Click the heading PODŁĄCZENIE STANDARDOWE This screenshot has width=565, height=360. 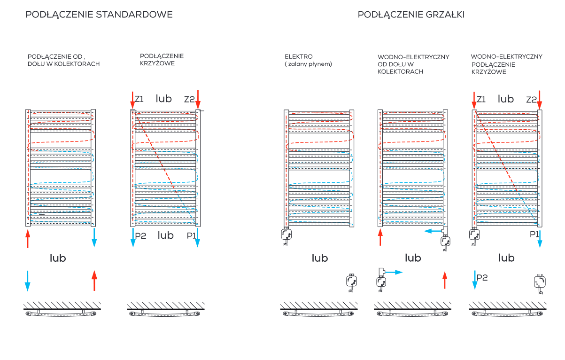click(x=99, y=15)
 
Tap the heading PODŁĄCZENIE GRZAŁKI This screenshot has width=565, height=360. click(x=411, y=15)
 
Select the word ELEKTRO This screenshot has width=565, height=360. click(x=299, y=56)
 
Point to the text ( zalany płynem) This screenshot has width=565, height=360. click(x=308, y=64)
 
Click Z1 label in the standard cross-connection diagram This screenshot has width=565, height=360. click(x=139, y=99)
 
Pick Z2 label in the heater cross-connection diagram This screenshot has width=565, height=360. click(x=532, y=100)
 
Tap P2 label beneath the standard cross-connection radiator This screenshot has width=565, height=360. click(x=141, y=236)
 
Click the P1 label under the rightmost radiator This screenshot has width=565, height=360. click(x=534, y=234)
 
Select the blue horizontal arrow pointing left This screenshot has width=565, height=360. click(x=433, y=231)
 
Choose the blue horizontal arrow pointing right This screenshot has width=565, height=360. click(x=394, y=272)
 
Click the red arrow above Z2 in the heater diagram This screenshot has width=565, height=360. click(x=540, y=100)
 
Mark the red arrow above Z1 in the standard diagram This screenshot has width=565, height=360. click(x=132, y=100)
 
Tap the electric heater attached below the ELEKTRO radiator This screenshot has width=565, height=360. click(x=286, y=236)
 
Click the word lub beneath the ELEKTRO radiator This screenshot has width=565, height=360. click(x=320, y=258)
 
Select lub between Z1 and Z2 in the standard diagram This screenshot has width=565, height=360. click(x=164, y=98)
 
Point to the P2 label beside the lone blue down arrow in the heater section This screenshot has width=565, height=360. click(x=482, y=278)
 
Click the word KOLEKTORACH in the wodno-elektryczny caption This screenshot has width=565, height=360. click(x=400, y=72)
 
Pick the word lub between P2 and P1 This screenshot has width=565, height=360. click(x=166, y=235)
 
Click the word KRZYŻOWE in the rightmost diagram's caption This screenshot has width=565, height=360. click(x=489, y=72)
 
